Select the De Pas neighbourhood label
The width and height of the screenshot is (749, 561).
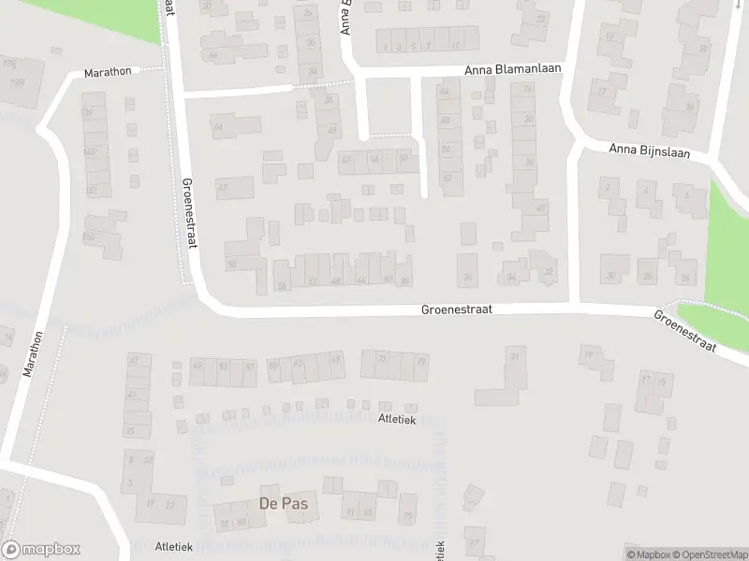(x=283, y=504)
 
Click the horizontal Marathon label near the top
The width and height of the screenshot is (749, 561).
(x=108, y=71)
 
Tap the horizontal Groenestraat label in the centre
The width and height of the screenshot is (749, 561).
(x=456, y=308)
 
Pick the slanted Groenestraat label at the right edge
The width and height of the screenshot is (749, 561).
(x=685, y=332)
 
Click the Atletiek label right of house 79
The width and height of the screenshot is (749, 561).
(x=396, y=420)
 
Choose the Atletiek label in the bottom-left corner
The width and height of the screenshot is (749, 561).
(x=148, y=546)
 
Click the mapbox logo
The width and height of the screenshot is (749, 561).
(x=41, y=550)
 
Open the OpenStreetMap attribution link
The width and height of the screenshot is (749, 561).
(x=710, y=554)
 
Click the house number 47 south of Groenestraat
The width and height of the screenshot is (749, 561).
(x=133, y=359)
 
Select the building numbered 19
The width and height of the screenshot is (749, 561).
(x=588, y=356)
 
